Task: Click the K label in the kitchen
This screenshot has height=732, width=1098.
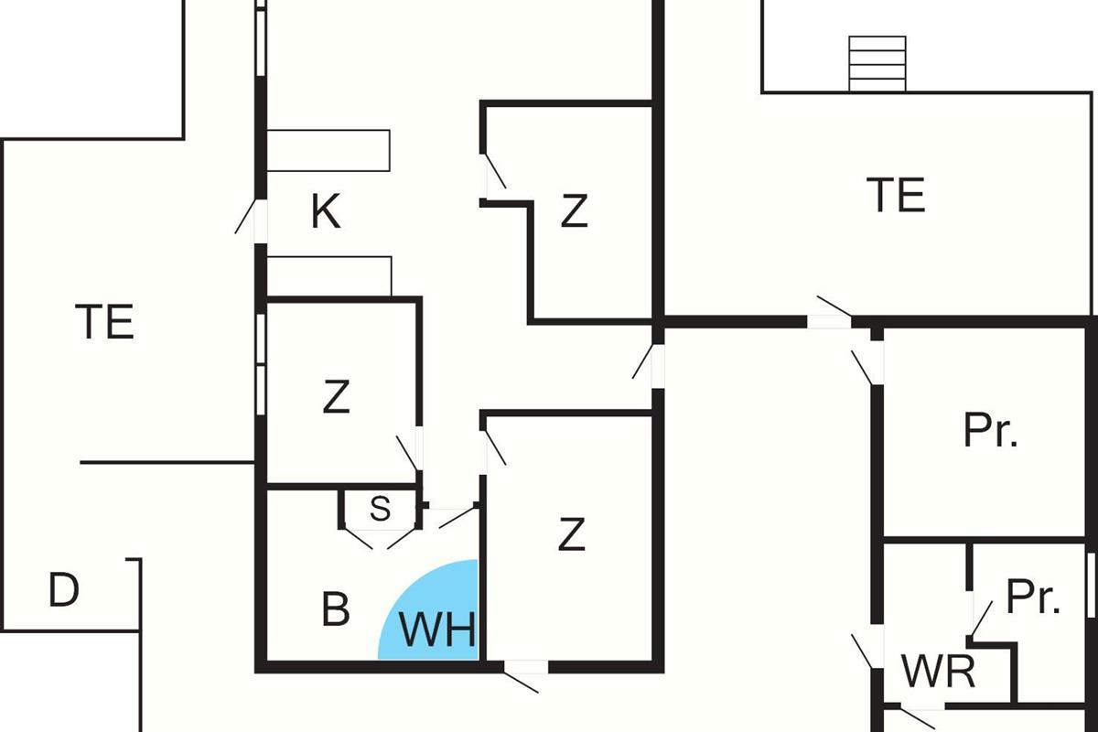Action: pos(326,212)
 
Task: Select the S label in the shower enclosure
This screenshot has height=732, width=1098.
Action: pos(380,510)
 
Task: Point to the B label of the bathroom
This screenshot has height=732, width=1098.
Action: pos(336,610)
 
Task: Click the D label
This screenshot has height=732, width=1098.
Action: pos(63,591)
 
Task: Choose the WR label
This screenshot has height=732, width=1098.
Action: pos(938,673)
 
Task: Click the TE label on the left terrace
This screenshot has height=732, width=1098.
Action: pos(105,322)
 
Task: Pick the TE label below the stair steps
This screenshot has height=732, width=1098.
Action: pos(896,195)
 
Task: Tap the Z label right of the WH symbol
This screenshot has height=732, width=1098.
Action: pos(571,535)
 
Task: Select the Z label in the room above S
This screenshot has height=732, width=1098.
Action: pos(336,397)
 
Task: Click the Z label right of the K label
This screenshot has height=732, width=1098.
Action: pos(574,212)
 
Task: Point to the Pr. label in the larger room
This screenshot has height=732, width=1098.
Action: pos(991,430)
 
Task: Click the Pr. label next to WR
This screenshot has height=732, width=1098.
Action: pos(1033,598)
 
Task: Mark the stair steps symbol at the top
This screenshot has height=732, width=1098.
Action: pos(877,63)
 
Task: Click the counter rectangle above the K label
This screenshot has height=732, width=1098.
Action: pos(328,150)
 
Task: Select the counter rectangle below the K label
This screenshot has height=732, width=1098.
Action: pos(328,275)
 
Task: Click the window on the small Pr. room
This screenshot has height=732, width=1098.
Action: pos(1091,586)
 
